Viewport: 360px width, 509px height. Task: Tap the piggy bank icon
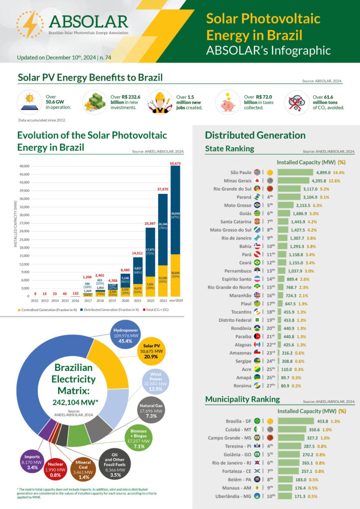click(228, 101)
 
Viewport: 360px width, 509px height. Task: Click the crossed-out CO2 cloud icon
click(297, 102)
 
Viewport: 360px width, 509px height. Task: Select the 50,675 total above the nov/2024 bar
click(175, 163)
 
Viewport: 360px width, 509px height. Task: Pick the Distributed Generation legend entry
click(110, 309)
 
